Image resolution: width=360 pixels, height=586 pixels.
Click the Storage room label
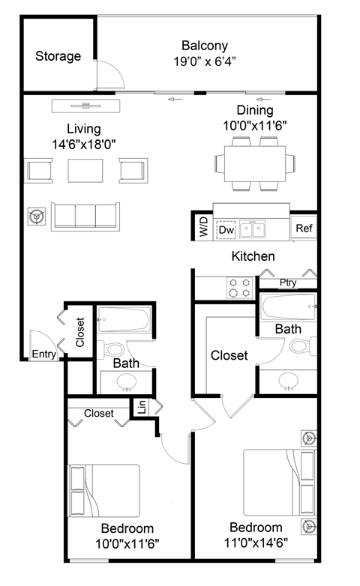[x=58, y=56]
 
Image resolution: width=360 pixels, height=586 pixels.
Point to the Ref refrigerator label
[x=304, y=228]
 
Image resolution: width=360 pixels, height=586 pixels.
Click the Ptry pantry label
[x=288, y=283]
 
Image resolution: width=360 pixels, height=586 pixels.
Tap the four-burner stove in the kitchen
[x=238, y=288]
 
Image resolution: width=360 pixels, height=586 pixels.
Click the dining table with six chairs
[x=254, y=163]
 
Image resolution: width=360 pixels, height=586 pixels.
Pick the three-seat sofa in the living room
[x=85, y=217]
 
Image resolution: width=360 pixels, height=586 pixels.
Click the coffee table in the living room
[x=85, y=171]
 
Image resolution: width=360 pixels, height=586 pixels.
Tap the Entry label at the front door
[x=43, y=354]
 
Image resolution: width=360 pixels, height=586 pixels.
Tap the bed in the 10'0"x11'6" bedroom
[x=104, y=491]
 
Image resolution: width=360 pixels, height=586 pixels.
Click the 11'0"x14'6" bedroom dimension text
[x=256, y=542]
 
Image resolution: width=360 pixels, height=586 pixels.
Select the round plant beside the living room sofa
[x=34, y=217]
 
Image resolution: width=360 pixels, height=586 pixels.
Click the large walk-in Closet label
[x=229, y=355]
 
